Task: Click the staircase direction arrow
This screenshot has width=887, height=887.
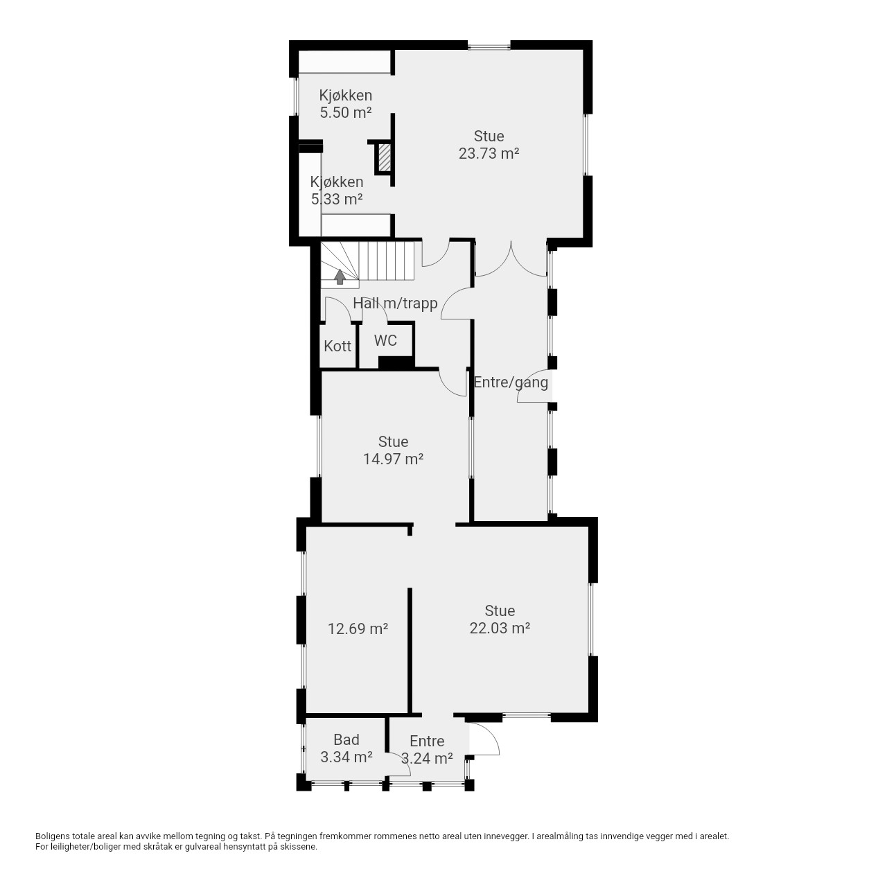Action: click(x=340, y=277)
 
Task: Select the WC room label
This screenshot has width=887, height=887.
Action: click(x=385, y=341)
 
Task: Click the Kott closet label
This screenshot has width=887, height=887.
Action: click(x=337, y=346)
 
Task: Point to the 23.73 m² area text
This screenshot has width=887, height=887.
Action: click(x=489, y=153)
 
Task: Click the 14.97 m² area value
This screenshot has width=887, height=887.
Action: click(x=394, y=459)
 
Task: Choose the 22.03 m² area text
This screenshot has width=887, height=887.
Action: click(x=500, y=628)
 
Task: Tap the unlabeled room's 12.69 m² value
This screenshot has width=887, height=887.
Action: click(x=358, y=629)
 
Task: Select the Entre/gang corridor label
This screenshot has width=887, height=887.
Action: click(x=511, y=383)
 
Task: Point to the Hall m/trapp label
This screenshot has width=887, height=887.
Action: click(x=396, y=304)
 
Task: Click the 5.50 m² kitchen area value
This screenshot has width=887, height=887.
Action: click(x=346, y=112)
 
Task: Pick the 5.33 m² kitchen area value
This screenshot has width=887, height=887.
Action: click(x=337, y=200)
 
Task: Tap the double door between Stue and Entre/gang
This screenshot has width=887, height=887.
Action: click(x=511, y=259)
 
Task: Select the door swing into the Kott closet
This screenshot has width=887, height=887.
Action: click(x=338, y=309)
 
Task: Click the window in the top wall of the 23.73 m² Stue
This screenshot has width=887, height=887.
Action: click(x=489, y=46)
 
